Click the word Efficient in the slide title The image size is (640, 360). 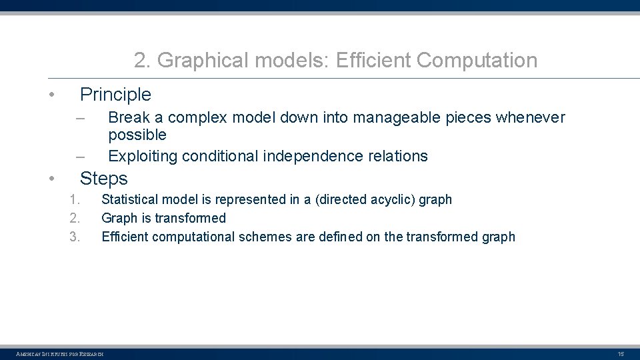[x=373, y=61]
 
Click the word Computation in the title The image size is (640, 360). [x=477, y=61]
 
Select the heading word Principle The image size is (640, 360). [x=115, y=95]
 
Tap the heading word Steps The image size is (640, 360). [x=103, y=179]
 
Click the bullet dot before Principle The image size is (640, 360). [x=51, y=95]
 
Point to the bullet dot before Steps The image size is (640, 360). [x=51, y=179]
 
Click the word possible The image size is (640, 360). [x=137, y=135]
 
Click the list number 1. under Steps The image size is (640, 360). [x=75, y=199]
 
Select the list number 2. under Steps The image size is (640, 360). [x=75, y=218]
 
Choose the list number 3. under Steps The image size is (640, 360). [x=75, y=237]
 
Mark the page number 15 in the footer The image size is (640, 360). [x=621, y=353]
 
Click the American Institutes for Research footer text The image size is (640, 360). [x=60, y=353]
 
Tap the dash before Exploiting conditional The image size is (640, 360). [x=81, y=157]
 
